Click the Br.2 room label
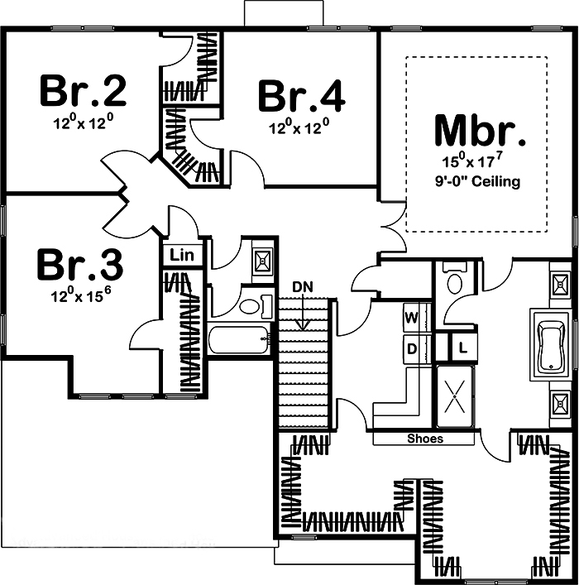coord(84,91)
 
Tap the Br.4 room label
coord(301,96)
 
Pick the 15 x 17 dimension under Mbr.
coord(479,162)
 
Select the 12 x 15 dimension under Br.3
coord(81,296)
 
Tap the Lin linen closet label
coord(182,255)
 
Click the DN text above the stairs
coord(303,286)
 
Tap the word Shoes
coord(425,439)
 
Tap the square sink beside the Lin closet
coord(263,260)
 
